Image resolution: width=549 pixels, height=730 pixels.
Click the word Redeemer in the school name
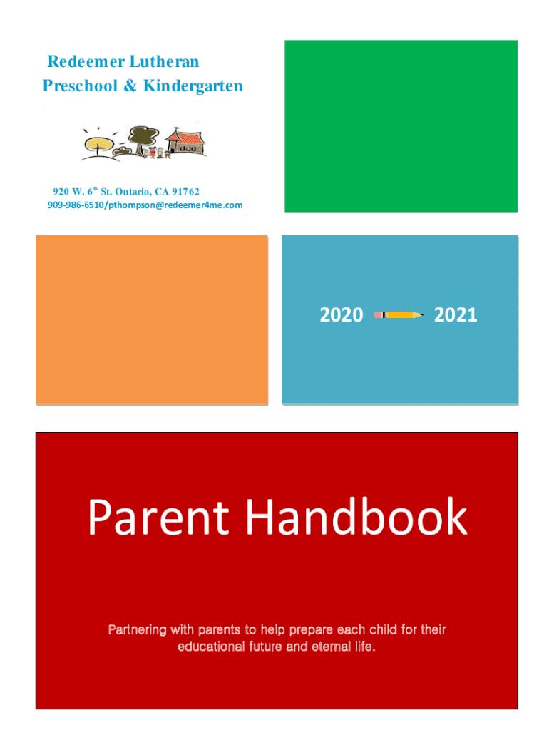coord(86,61)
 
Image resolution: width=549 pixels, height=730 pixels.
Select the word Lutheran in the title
coord(165,61)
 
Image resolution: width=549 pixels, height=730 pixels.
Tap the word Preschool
coord(80,86)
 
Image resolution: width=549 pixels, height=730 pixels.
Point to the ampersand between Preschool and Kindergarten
coord(130,86)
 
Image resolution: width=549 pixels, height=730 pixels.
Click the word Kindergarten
coord(193,86)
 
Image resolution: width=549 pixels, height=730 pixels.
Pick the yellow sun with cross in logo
coord(98,143)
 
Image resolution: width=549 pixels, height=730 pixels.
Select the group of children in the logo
coord(157,153)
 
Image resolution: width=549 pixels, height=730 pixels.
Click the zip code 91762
coord(185,191)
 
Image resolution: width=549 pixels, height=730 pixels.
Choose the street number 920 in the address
coord(61,191)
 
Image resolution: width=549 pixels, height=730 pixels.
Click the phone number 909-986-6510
coord(76,205)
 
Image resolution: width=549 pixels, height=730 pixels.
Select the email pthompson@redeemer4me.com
coord(175,205)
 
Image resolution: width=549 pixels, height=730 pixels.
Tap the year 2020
coord(342,315)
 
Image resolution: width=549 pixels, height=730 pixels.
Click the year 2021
coord(456,315)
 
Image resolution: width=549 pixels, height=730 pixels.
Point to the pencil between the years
coord(399,315)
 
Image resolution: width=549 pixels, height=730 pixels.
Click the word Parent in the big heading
coord(158,517)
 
